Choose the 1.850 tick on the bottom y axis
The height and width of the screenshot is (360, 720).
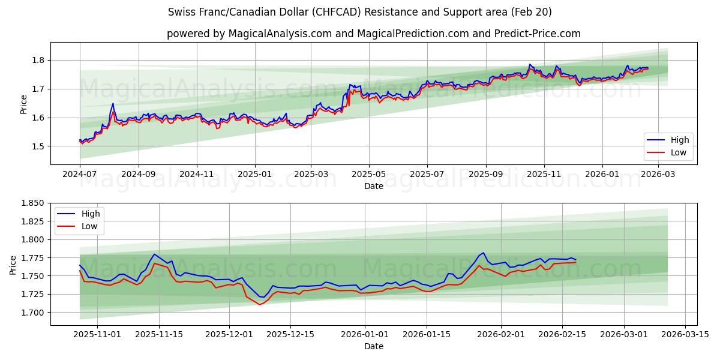coord(34,203)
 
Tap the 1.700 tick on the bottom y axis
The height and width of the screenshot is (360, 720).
coord(34,313)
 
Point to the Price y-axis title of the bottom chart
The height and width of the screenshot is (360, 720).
coord(13,264)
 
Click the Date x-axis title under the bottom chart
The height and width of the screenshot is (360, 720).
coord(373,346)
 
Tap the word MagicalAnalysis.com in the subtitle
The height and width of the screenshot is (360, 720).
coord(280,34)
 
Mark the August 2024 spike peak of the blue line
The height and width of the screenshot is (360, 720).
coord(113,103)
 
